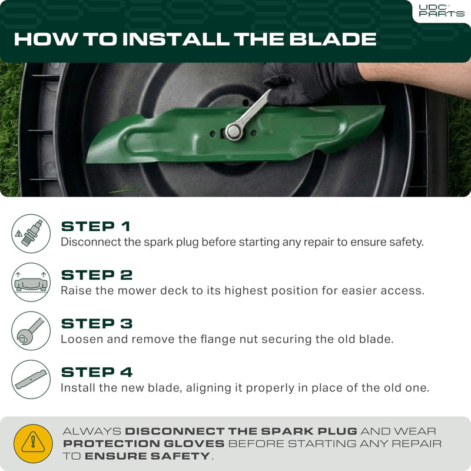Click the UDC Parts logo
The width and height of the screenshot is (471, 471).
[x=440, y=10]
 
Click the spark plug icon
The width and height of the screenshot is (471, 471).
[x=31, y=233]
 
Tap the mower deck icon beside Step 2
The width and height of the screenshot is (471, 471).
[x=31, y=282]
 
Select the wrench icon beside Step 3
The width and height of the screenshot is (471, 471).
[x=31, y=331]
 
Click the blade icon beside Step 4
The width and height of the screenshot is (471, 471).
[x=31, y=380]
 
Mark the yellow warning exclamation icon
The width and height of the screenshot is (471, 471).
[x=33, y=443]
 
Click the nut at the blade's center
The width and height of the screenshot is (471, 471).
[x=231, y=131]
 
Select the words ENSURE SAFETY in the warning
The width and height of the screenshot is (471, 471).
[x=147, y=456]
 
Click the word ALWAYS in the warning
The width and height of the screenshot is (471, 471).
[x=92, y=432]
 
